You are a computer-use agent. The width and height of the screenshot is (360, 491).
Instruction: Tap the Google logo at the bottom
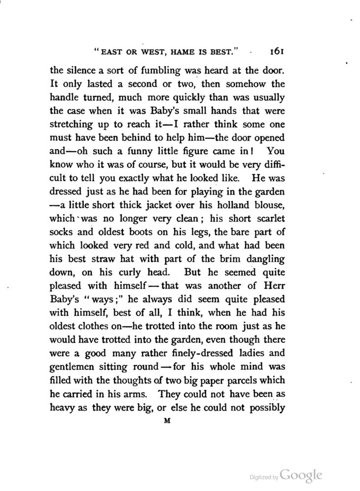pos(301,475)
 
